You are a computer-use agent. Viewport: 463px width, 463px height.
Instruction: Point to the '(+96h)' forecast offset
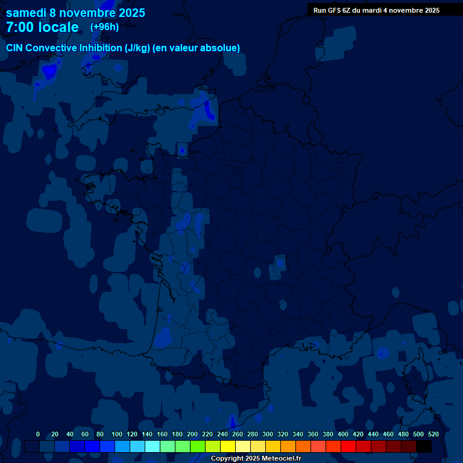click(x=104, y=27)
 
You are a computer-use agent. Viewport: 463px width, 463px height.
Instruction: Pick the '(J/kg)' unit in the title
click(x=138, y=48)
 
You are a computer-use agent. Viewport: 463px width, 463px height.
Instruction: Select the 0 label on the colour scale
click(x=38, y=434)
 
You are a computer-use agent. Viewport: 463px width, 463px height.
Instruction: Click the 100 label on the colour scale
click(x=117, y=434)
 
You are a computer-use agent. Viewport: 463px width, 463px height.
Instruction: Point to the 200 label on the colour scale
click(x=192, y=434)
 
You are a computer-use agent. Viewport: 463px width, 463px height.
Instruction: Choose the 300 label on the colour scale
click(x=268, y=434)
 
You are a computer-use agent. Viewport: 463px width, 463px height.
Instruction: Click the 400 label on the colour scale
click(x=343, y=434)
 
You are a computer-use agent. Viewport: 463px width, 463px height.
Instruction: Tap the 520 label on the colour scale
click(x=433, y=434)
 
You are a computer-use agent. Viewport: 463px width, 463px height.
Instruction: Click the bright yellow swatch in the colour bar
click(x=228, y=447)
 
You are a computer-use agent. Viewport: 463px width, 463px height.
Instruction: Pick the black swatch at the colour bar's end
click(x=424, y=447)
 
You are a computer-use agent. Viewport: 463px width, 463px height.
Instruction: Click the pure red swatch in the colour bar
click(x=348, y=447)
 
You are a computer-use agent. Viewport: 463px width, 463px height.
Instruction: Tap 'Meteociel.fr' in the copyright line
click(x=282, y=459)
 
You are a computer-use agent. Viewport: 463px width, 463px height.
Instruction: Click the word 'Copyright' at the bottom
click(x=227, y=459)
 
